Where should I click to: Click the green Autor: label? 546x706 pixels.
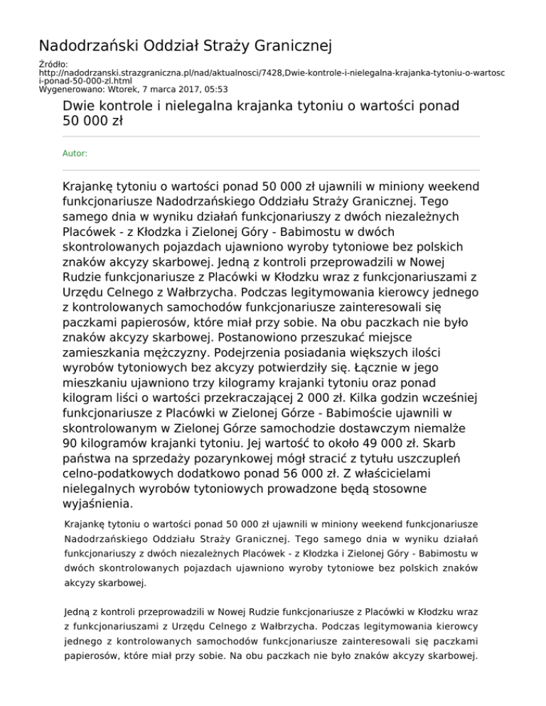coord(75,152)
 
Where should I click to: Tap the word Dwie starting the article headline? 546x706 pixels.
coord(79,107)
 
